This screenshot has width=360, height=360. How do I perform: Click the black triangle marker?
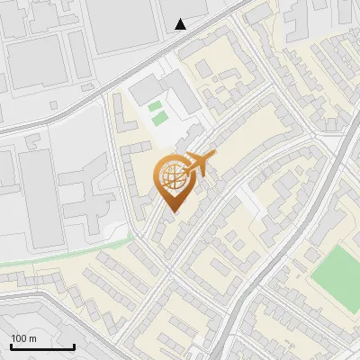181,24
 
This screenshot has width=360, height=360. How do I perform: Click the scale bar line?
42,346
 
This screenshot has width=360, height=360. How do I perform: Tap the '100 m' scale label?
24,338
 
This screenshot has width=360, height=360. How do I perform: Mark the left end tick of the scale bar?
11,345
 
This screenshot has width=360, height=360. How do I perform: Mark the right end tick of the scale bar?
75,345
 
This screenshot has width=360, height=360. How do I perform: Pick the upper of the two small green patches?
157,107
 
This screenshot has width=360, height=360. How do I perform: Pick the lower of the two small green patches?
159,119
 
